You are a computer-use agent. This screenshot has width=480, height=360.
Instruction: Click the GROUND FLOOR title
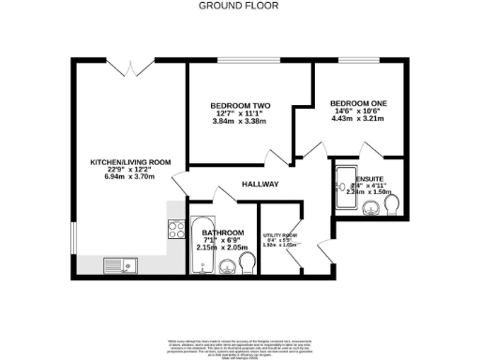[239, 5]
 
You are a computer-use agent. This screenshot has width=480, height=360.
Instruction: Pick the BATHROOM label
[223, 232]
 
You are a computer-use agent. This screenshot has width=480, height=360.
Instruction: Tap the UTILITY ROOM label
[279, 235]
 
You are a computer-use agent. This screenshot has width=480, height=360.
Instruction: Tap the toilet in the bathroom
[246, 268]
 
